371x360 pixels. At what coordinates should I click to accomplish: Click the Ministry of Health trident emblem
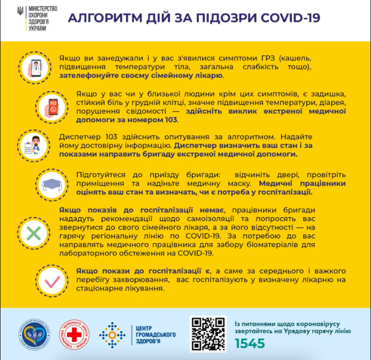[x=19, y=11]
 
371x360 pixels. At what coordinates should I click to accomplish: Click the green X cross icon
[x=33, y=233]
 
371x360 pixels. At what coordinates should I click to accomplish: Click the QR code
[x=208, y=334]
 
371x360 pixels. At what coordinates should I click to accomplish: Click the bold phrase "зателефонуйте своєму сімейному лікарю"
[x=141, y=76]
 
